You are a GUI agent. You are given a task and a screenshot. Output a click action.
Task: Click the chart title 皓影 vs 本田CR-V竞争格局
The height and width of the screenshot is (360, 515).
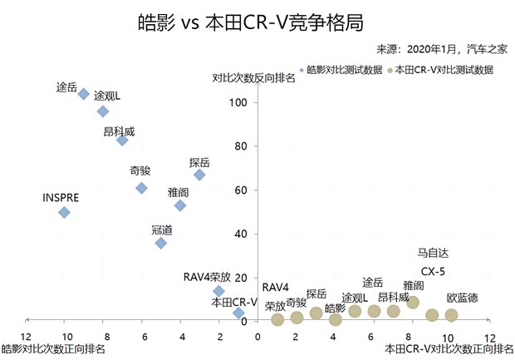[250, 21]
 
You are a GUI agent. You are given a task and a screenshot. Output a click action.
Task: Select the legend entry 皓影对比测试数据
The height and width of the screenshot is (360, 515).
[343, 71]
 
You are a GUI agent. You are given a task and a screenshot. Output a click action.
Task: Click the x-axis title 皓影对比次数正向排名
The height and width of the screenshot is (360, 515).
[53, 350]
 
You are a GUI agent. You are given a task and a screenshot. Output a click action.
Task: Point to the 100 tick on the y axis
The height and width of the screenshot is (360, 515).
[239, 102]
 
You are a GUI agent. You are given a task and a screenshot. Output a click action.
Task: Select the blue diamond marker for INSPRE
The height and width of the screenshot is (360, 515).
[64, 212]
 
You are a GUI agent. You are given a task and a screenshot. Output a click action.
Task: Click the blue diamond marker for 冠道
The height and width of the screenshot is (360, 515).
[161, 243]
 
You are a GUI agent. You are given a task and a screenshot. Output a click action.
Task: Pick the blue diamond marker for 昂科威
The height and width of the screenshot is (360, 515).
[122, 141]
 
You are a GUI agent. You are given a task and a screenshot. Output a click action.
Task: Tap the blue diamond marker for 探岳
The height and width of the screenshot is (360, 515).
[199, 175]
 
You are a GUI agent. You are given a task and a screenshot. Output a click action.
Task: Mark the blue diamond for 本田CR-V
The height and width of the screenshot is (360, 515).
[238, 313]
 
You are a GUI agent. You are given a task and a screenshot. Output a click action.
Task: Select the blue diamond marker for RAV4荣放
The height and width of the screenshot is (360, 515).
[219, 291]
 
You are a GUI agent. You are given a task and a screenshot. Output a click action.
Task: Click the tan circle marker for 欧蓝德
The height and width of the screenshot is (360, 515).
[451, 315]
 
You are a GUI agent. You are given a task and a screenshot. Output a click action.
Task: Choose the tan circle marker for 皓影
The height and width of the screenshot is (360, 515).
[335, 319]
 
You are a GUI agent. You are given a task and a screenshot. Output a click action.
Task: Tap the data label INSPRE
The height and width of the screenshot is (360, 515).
[61, 198]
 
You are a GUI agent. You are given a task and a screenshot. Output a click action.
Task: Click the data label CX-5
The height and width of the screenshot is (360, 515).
[433, 272]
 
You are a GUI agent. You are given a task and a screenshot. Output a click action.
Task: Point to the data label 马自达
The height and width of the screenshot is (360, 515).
[433, 253]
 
